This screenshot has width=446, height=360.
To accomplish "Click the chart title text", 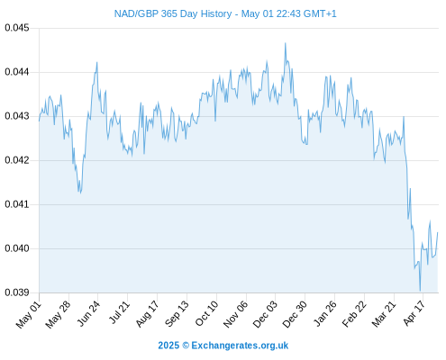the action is point(225,13).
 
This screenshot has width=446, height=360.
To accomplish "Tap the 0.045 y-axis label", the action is point(17,28).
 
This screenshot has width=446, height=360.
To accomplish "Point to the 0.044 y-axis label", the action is point(17,72).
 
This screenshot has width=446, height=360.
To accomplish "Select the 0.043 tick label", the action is point(17,116).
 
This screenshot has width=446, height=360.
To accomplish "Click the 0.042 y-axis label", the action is point(17,160).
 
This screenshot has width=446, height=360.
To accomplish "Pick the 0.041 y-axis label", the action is point(17,204).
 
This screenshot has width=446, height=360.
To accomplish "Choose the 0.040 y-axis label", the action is point(17,248).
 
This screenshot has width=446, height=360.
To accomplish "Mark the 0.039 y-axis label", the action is point(17,292).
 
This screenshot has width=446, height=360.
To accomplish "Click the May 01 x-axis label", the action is point(29,314).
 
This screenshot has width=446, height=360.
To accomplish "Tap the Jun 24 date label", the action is point(88,313).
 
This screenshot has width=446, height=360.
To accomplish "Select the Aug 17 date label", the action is point(147,313).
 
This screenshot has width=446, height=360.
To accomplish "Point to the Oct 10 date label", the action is point(206,313).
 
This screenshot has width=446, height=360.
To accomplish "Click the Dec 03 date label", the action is point(265,314).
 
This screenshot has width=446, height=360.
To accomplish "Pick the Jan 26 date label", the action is point(324,313).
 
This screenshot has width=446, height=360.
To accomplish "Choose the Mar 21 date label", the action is point(384,313).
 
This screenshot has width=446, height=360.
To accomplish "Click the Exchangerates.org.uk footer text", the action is point(240,346).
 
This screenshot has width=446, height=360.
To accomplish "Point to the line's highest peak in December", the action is point(286,43).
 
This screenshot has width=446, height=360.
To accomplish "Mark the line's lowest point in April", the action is point(420,291).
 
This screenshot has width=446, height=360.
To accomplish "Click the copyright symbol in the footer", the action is point(186,346).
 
